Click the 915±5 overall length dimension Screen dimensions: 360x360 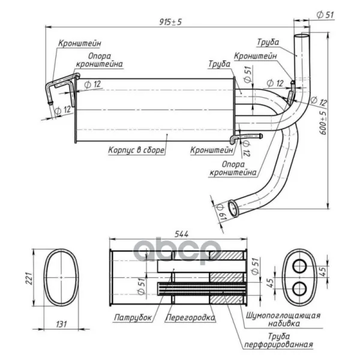(x=170, y=22)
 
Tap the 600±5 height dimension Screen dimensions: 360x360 (x=323, y=123)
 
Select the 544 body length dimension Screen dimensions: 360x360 (x=181, y=234)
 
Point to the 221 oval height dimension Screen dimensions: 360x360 (x=29, y=278)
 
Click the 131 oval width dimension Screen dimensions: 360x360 (x=61, y=324)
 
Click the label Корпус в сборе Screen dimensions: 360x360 (x=136, y=150)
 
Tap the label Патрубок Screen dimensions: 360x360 (x=133, y=317)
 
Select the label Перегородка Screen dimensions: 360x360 (x=190, y=317)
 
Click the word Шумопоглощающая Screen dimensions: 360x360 (x=283, y=315)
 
